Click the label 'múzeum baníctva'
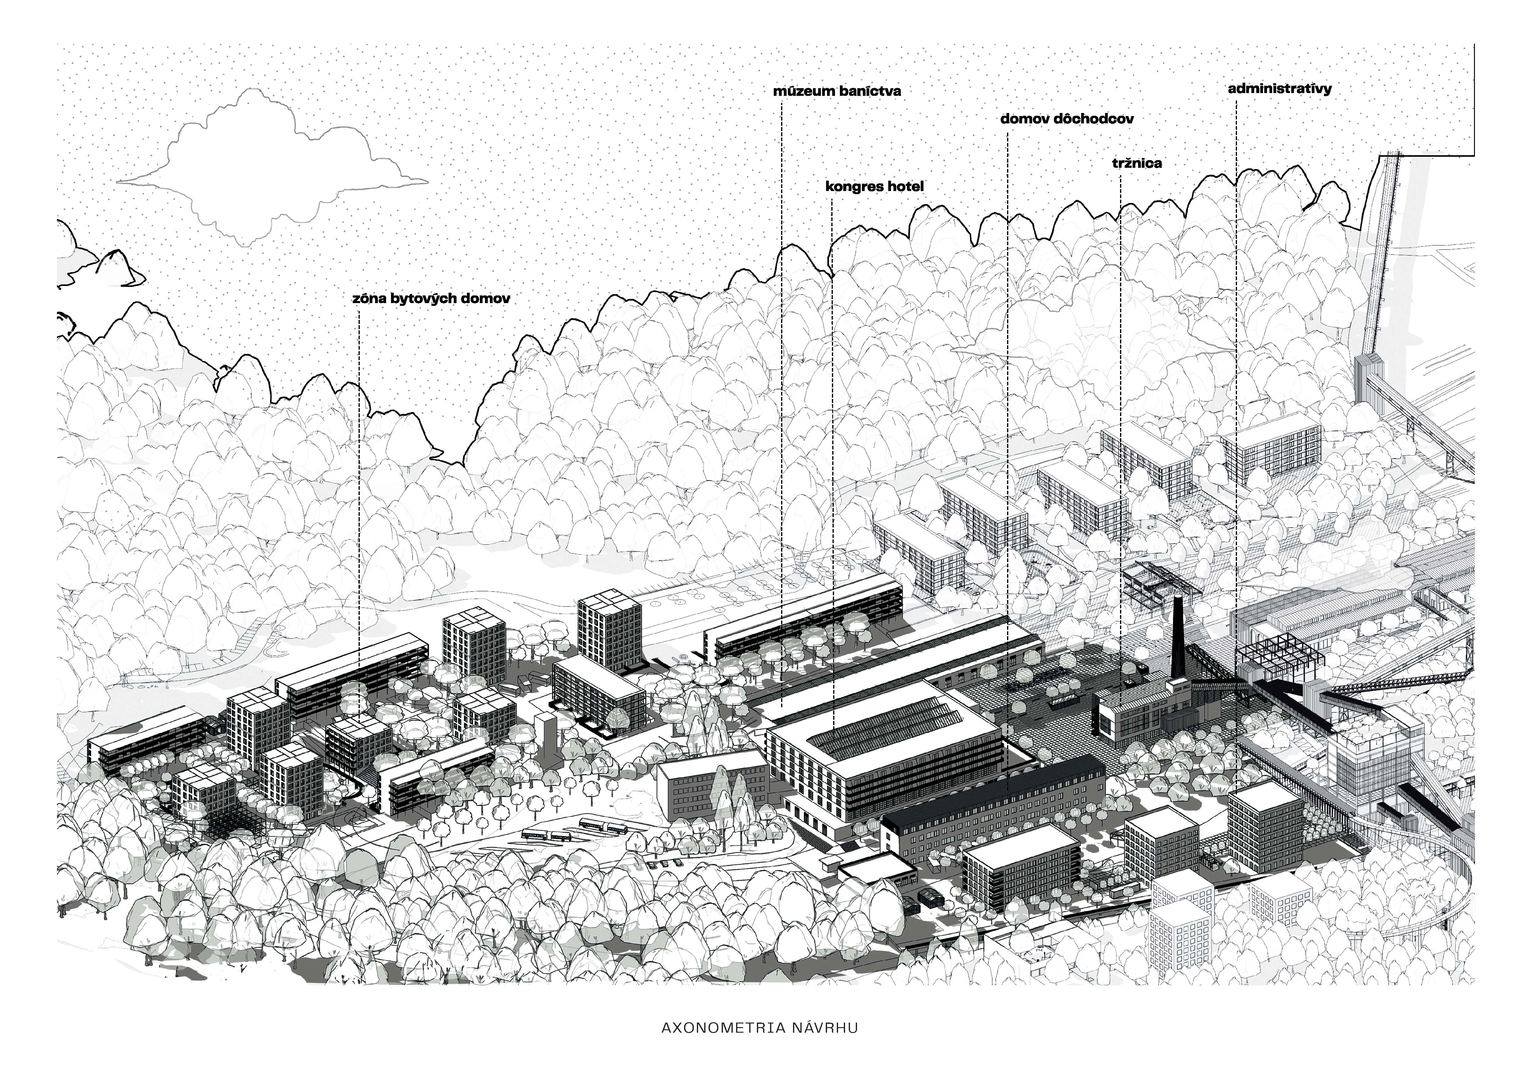click(837, 91)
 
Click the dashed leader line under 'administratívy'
click(1236, 331)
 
